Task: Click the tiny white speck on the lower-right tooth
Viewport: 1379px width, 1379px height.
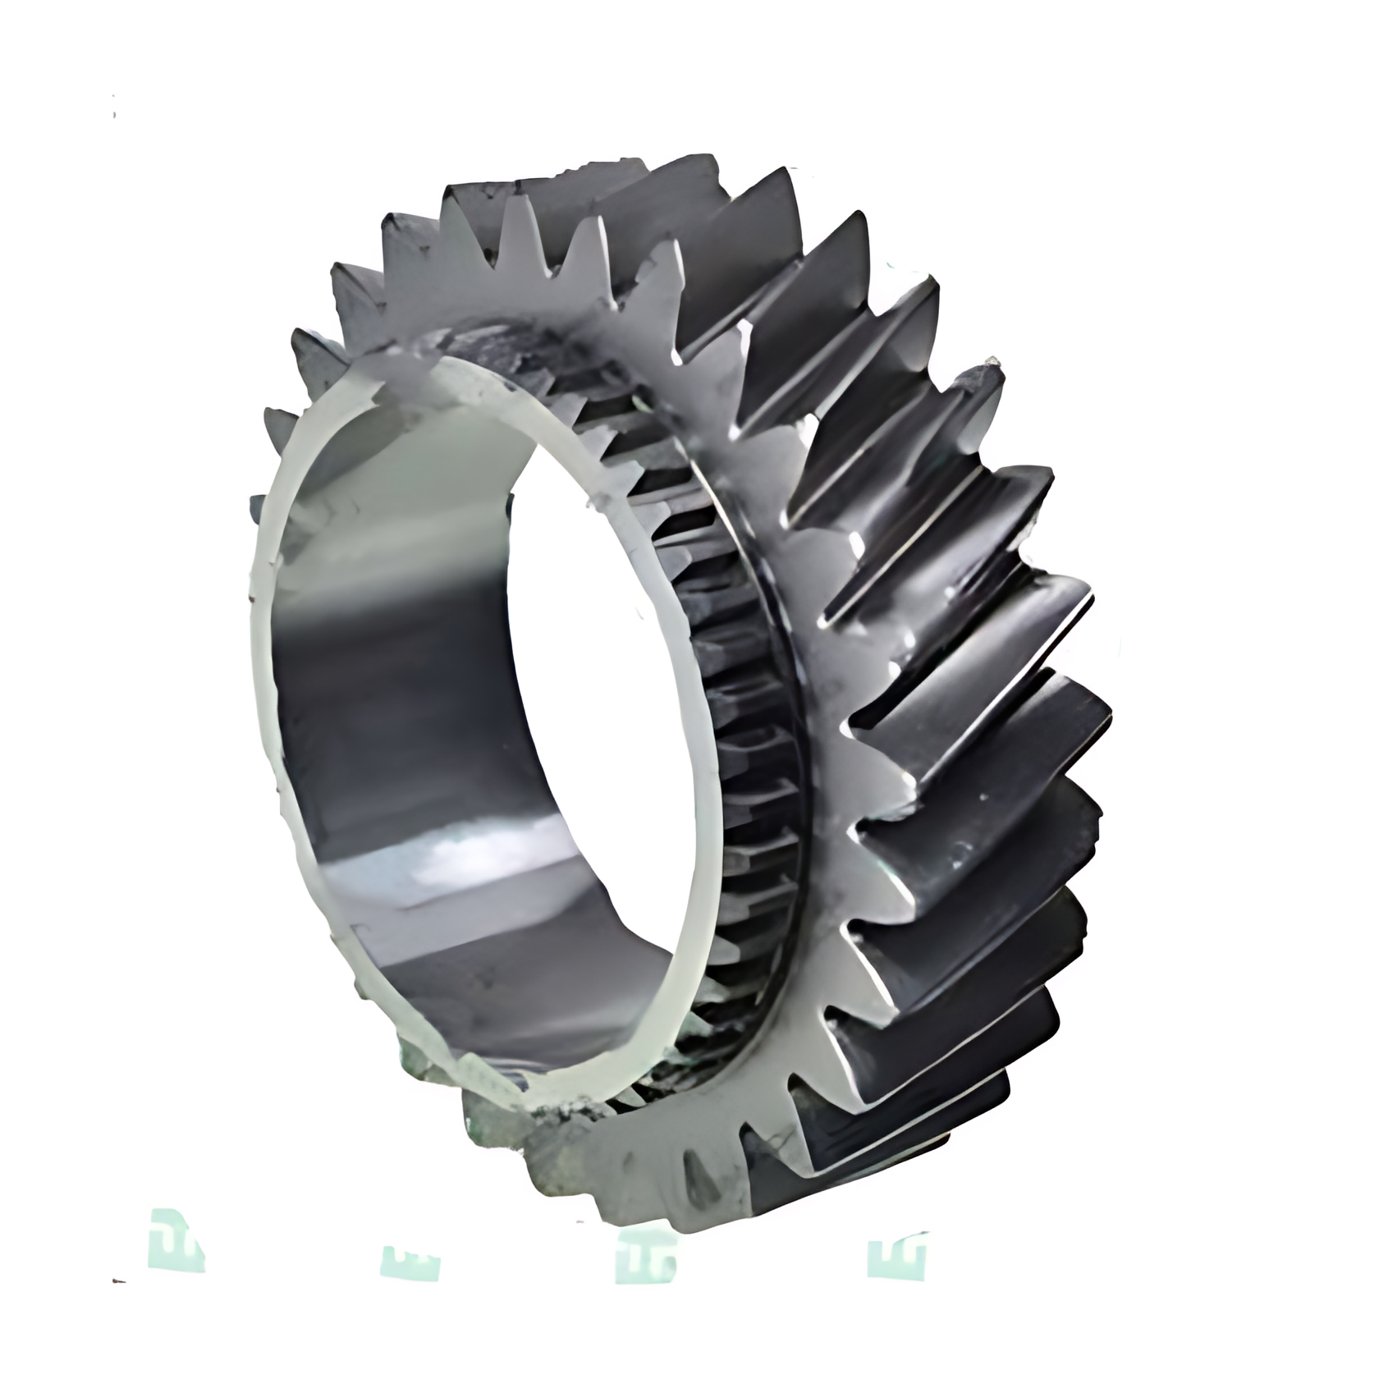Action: click(x=982, y=797)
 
